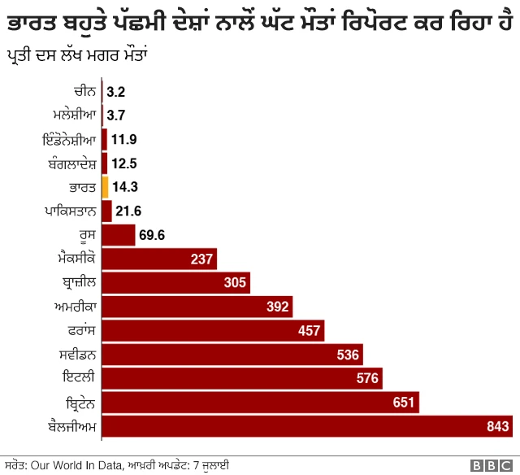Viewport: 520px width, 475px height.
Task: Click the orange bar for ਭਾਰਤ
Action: [105, 187]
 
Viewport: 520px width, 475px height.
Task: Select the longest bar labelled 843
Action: [306, 426]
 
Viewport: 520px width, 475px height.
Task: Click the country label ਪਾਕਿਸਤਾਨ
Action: [71, 211]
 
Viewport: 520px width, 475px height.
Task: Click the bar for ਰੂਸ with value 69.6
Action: [118, 235]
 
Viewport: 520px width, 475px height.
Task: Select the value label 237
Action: [202, 259]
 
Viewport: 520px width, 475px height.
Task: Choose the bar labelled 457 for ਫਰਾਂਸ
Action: [213, 330]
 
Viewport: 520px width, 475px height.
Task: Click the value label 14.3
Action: [125, 187]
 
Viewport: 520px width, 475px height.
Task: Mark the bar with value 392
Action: [197, 307]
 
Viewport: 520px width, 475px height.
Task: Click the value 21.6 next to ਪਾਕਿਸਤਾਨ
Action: [128, 211]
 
